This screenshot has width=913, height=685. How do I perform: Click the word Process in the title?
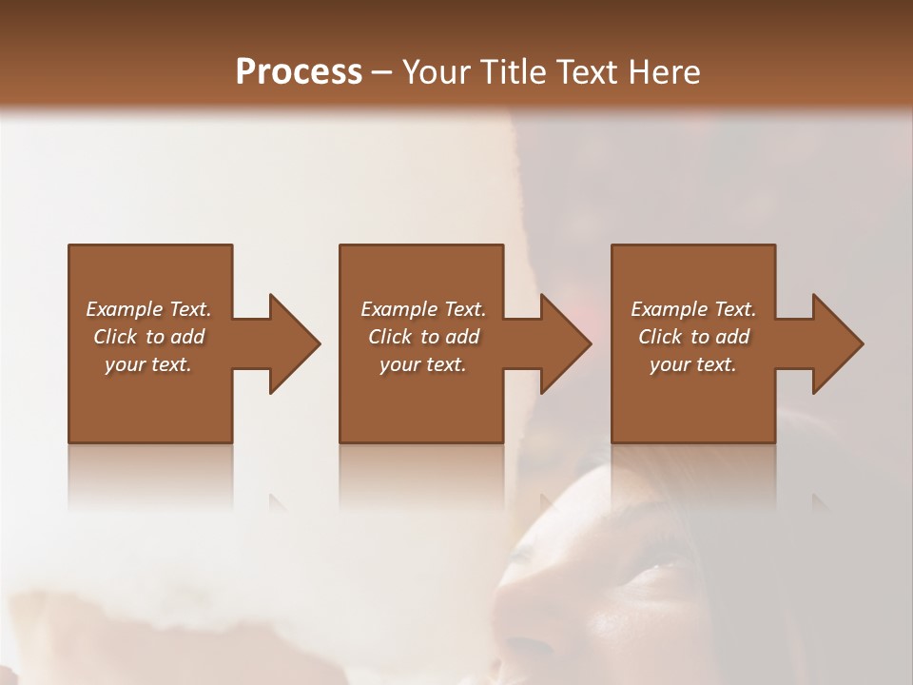(x=299, y=71)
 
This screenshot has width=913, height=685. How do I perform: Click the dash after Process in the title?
(x=381, y=73)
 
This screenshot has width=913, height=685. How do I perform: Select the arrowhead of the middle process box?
(x=565, y=343)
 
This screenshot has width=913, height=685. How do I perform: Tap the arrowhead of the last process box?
(x=837, y=343)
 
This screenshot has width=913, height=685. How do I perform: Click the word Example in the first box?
(x=124, y=309)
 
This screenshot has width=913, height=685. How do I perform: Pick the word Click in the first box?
(x=116, y=337)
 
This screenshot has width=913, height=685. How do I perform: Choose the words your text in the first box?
(x=148, y=364)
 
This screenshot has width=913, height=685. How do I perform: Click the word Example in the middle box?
(x=398, y=309)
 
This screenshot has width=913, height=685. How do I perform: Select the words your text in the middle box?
(x=423, y=364)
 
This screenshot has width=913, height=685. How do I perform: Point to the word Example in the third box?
(x=669, y=309)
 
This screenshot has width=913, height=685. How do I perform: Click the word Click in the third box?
(x=661, y=337)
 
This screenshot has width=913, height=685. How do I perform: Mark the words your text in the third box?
(x=693, y=364)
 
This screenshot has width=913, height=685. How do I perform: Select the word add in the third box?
(x=732, y=337)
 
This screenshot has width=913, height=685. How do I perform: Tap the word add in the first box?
(x=187, y=337)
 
